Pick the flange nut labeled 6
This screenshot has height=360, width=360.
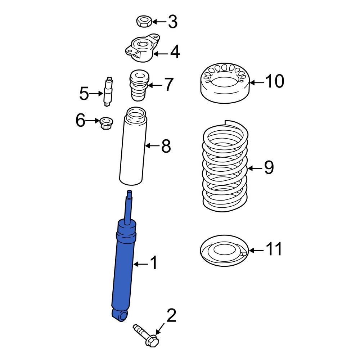105,123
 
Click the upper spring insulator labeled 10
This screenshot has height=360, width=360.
224,82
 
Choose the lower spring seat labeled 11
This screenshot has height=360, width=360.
224,251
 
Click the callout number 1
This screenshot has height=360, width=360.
154,264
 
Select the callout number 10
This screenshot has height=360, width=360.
275,82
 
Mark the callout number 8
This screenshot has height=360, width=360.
166,146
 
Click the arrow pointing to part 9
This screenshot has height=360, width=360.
255,168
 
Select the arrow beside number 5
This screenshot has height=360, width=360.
96,94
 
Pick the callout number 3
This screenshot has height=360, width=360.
173,22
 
